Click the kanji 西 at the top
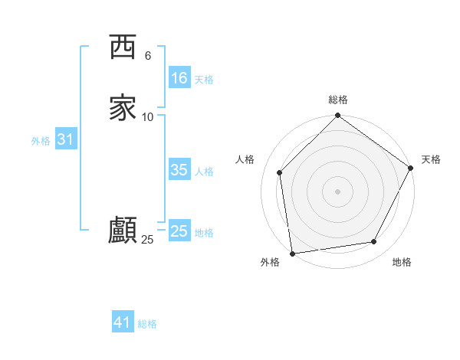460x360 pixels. (x=123, y=47)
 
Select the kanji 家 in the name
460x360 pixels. (x=123, y=107)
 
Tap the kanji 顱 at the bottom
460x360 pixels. (x=123, y=230)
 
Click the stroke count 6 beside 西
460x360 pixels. (x=148, y=55)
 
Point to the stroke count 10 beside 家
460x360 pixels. (x=148, y=116)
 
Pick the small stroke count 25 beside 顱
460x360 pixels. (x=148, y=240)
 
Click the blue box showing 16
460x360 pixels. (x=179, y=78)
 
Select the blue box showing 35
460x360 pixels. (x=179, y=170)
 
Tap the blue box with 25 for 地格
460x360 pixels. (x=179, y=231)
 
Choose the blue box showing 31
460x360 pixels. (x=65, y=139)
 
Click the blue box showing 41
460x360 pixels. (x=123, y=322)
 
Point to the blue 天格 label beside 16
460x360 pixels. (x=204, y=79)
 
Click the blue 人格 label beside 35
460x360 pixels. (x=204, y=172)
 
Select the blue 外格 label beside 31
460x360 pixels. (x=41, y=141)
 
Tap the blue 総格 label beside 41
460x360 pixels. (x=147, y=324)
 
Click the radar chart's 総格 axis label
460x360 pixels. (x=338, y=100)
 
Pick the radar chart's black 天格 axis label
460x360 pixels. (x=431, y=159)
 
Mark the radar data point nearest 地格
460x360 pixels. (x=374, y=241)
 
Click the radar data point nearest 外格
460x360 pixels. (x=292, y=253)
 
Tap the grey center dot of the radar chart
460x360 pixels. (x=337, y=191)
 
